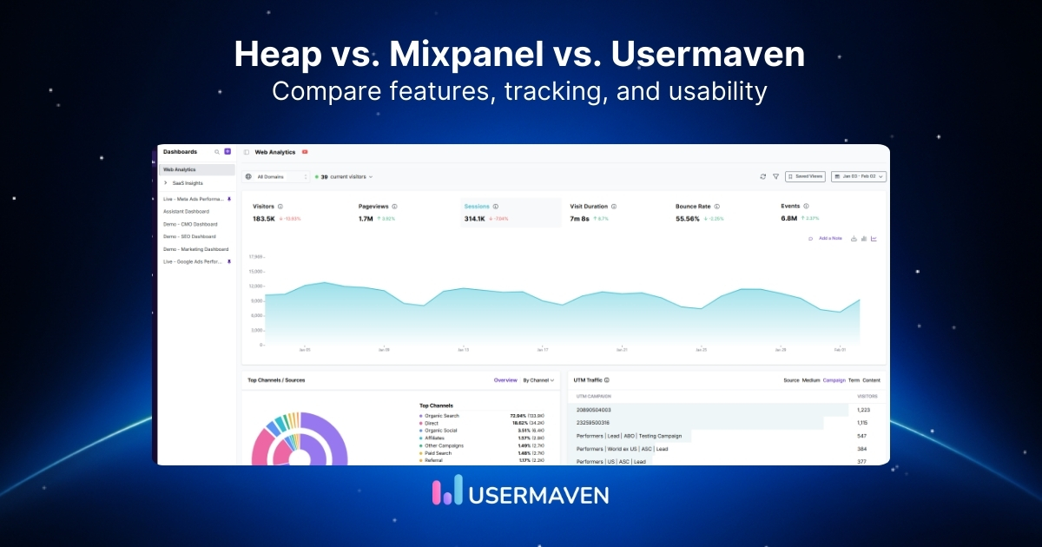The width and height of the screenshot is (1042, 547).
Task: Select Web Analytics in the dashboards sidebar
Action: point(180,169)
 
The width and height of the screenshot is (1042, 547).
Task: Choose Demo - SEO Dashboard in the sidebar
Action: point(189,236)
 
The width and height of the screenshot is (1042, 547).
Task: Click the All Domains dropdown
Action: point(277,176)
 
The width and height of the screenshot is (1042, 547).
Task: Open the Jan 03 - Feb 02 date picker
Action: point(858,176)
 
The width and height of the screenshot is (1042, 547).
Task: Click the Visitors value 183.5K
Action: point(264,219)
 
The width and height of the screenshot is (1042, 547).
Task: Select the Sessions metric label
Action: point(477,207)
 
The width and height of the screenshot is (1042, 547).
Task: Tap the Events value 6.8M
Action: point(788,219)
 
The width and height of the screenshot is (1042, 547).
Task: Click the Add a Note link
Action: point(829,238)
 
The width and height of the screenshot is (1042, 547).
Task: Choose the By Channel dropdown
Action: point(537,380)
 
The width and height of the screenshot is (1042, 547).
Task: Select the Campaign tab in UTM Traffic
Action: point(834,380)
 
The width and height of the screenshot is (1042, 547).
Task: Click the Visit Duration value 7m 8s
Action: point(579,219)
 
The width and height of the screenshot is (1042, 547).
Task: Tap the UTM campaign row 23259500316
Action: point(594,422)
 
